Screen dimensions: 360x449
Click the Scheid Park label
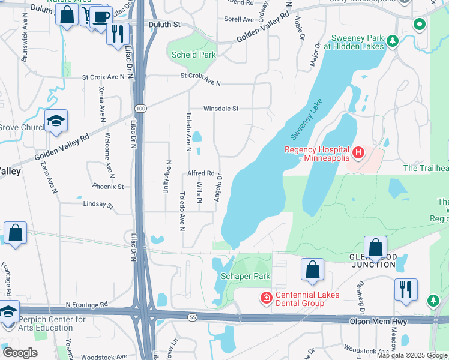tap(193, 55)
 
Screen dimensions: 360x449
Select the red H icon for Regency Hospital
tap(358, 153)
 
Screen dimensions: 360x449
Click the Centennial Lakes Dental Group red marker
tap(265, 298)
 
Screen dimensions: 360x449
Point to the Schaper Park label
tap(246, 276)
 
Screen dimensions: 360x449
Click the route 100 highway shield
tap(140, 108)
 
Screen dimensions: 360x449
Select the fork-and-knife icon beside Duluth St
tap(118, 34)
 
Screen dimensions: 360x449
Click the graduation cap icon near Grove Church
tap(56, 121)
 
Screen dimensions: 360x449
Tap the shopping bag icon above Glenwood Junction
tap(375, 247)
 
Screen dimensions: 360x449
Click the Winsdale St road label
tap(221, 109)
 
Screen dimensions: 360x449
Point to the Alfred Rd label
tap(201, 173)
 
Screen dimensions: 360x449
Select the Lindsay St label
tap(98, 205)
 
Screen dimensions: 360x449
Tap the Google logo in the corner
tap(20, 353)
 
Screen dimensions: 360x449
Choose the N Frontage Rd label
tap(87, 304)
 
